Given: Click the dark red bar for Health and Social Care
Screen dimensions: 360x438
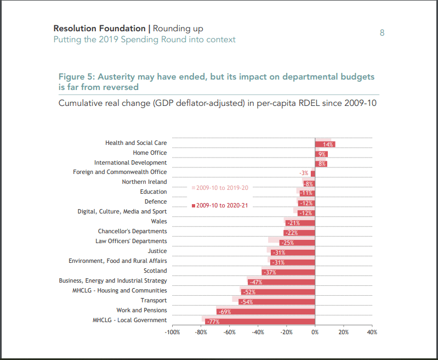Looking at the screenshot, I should [325, 144].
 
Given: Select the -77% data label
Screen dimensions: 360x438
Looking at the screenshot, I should [212, 322].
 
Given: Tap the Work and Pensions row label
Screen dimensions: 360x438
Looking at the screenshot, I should [141, 311].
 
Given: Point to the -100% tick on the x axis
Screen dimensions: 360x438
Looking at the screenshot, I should [173, 332].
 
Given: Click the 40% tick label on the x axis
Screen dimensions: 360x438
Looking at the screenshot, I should [372, 332].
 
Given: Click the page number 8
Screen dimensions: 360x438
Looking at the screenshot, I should [382, 33].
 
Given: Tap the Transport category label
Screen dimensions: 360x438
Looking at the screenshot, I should [153, 301].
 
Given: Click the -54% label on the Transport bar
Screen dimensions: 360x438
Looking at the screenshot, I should [247, 302].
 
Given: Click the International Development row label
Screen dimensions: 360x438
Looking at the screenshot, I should [130, 163].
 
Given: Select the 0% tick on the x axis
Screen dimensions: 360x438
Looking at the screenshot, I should [315, 332].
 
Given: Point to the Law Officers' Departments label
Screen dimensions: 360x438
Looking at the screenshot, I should [131, 241].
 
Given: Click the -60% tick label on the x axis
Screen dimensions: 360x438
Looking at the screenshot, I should [230, 332].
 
